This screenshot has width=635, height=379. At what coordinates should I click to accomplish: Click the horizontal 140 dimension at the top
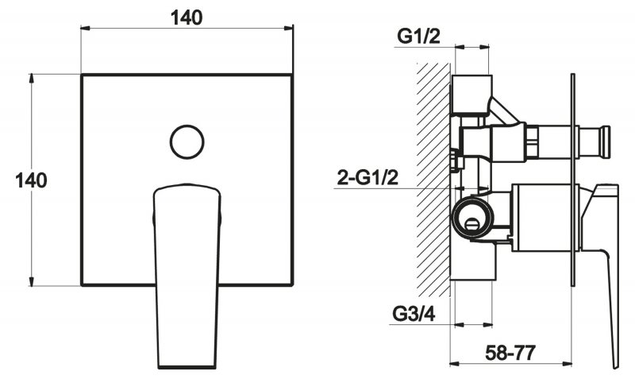click(x=187, y=17)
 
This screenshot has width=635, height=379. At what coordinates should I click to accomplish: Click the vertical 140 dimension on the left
click(x=31, y=180)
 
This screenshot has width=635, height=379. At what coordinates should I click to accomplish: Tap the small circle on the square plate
click(x=187, y=142)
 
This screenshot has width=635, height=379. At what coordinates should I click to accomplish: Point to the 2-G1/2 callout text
click(x=368, y=177)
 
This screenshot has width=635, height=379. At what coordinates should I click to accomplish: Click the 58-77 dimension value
click(x=510, y=353)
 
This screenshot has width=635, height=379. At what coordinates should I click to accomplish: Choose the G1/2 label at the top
click(x=418, y=37)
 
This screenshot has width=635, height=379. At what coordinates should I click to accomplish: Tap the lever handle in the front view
click(x=187, y=276)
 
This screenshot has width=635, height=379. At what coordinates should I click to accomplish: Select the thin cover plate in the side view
click(x=572, y=180)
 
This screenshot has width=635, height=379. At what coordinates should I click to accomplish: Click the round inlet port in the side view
click(x=472, y=216)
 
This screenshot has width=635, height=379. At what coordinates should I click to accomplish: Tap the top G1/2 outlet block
click(x=471, y=94)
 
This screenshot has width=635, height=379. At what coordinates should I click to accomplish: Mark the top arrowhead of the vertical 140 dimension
click(x=31, y=79)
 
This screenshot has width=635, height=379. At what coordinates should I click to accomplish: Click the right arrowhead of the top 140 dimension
click(x=288, y=28)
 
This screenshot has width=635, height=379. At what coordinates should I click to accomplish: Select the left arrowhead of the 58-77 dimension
click(x=455, y=364)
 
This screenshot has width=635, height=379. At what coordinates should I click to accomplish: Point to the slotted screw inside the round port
click(x=472, y=223)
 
